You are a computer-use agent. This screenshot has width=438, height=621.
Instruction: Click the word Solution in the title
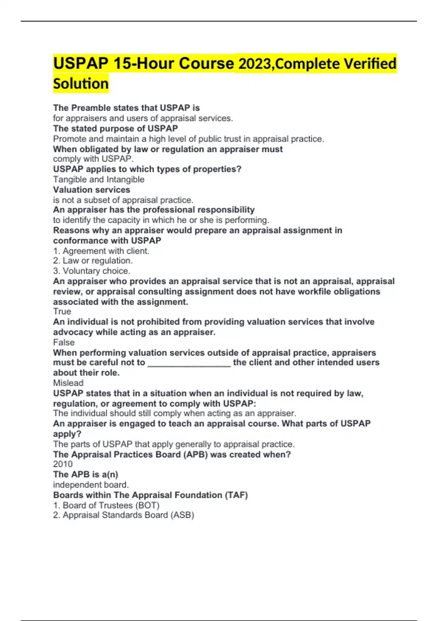81,84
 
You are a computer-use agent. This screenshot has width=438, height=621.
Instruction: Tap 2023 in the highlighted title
255,64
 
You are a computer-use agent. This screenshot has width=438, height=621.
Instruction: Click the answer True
62,312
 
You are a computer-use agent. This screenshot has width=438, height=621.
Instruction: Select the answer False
64,342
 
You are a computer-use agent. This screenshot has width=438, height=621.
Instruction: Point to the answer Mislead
68,383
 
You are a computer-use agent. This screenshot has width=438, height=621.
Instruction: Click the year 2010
63,464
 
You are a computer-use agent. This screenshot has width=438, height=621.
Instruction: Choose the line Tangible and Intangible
99,179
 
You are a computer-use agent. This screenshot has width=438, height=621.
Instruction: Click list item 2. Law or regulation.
93,260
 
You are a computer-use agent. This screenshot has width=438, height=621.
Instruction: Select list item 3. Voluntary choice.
92,271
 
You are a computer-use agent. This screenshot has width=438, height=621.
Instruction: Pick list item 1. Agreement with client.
101,251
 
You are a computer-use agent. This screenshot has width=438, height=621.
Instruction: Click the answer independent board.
91,485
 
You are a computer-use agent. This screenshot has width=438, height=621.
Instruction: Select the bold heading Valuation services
92,190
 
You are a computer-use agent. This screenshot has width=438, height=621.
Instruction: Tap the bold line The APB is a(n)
85,475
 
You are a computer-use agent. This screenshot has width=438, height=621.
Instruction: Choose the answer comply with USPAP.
93,159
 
